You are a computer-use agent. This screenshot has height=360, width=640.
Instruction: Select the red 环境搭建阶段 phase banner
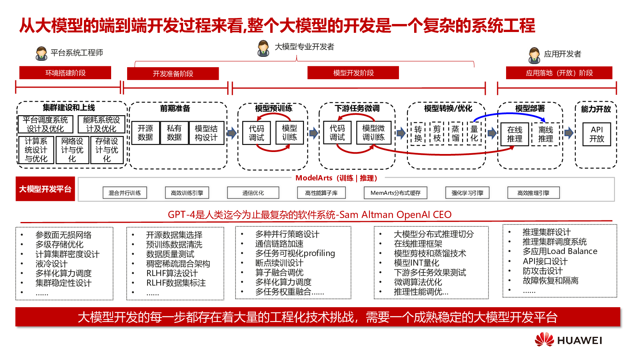(65, 73)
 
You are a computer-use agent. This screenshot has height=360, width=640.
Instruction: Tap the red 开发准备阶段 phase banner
(173, 74)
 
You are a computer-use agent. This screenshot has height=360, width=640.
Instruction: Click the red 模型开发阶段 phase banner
(353, 73)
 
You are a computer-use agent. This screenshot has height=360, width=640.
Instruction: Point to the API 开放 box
(596, 134)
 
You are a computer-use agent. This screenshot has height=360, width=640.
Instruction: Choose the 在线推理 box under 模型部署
(514, 134)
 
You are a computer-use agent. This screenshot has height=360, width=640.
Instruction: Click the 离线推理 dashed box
(545, 134)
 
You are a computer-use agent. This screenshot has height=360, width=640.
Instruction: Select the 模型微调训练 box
(373, 133)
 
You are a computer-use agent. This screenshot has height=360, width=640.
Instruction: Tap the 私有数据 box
(174, 133)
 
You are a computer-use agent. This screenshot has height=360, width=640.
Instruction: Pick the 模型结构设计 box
(206, 133)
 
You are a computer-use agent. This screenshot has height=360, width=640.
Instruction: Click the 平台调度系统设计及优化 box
(45, 124)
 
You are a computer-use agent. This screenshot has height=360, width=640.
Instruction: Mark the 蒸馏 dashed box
(455, 134)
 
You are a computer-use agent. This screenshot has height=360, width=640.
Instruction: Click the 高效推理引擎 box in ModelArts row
(533, 193)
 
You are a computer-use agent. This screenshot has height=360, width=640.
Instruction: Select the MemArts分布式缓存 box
(395, 193)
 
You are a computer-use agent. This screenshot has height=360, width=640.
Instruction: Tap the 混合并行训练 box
(125, 193)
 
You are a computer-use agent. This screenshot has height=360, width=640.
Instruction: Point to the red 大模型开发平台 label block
(45, 189)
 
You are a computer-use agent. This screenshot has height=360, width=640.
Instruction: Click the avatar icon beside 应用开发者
(534, 55)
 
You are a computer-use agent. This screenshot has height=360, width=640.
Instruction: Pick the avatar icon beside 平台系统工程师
(41, 53)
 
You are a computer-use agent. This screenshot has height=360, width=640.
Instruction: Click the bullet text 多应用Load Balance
(560, 251)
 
